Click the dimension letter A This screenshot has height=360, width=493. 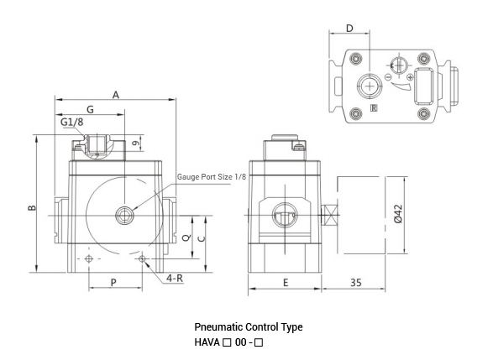tap(116, 95)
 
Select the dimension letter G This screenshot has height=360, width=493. tap(89, 109)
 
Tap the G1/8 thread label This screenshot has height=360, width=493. tap(72, 123)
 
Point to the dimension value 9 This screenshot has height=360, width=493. tap(135, 145)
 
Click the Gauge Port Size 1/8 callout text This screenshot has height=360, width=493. tap(211, 177)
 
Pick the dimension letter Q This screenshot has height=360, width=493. tap(185, 238)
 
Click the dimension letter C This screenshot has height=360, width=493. tap(201, 238)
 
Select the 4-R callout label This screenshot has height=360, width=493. tap(175, 278)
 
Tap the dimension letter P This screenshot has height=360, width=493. tap(113, 283)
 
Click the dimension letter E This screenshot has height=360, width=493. tap(285, 283)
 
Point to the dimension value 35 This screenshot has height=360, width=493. tap(355, 283)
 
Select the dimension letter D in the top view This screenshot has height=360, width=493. tap(349, 29)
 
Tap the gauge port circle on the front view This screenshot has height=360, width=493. tap(125, 215)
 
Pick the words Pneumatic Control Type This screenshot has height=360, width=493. tap(248, 327)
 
